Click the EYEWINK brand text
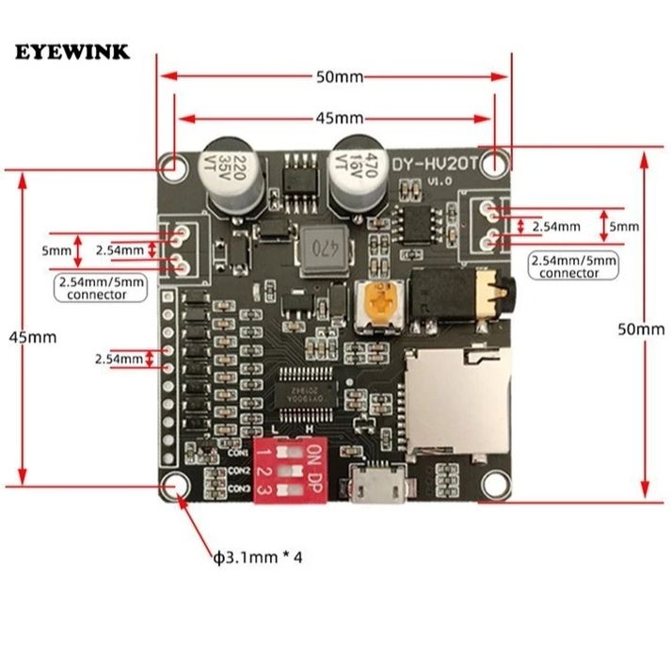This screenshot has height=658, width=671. [x=72, y=51]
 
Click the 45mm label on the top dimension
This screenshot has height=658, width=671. [x=338, y=118]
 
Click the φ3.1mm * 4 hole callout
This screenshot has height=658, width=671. [x=258, y=556]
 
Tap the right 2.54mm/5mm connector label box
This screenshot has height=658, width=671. [x=573, y=265]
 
